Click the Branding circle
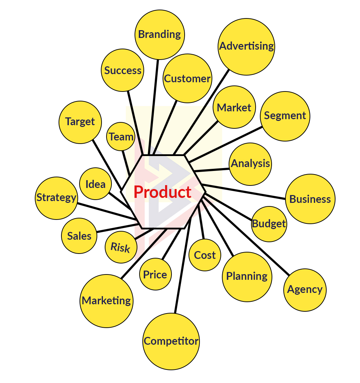point(160,34)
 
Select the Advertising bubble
point(246,46)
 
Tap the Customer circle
point(187,78)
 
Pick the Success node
point(122,70)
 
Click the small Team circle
point(121,137)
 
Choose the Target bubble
point(80,122)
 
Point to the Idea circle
point(96,184)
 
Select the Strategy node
point(56,198)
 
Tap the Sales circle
point(79,236)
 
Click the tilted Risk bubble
point(120,247)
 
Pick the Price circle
point(155,274)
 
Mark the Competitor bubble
point(171,341)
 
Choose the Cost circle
point(205,255)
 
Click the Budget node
point(269,224)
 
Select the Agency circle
point(305,289)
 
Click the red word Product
point(163,192)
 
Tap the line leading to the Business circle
point(245,192)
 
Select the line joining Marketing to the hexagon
point(144,254)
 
